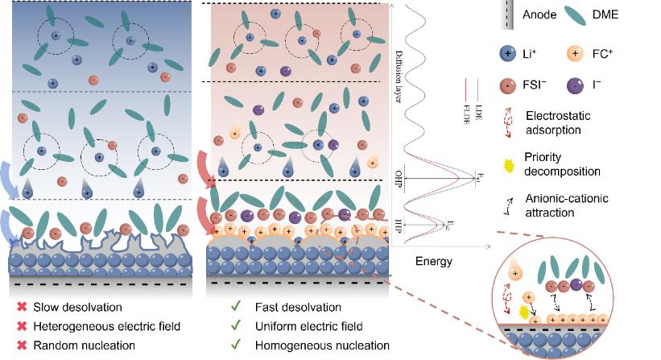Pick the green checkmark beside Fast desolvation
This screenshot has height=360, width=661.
234,308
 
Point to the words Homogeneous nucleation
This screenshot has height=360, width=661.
310,345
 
